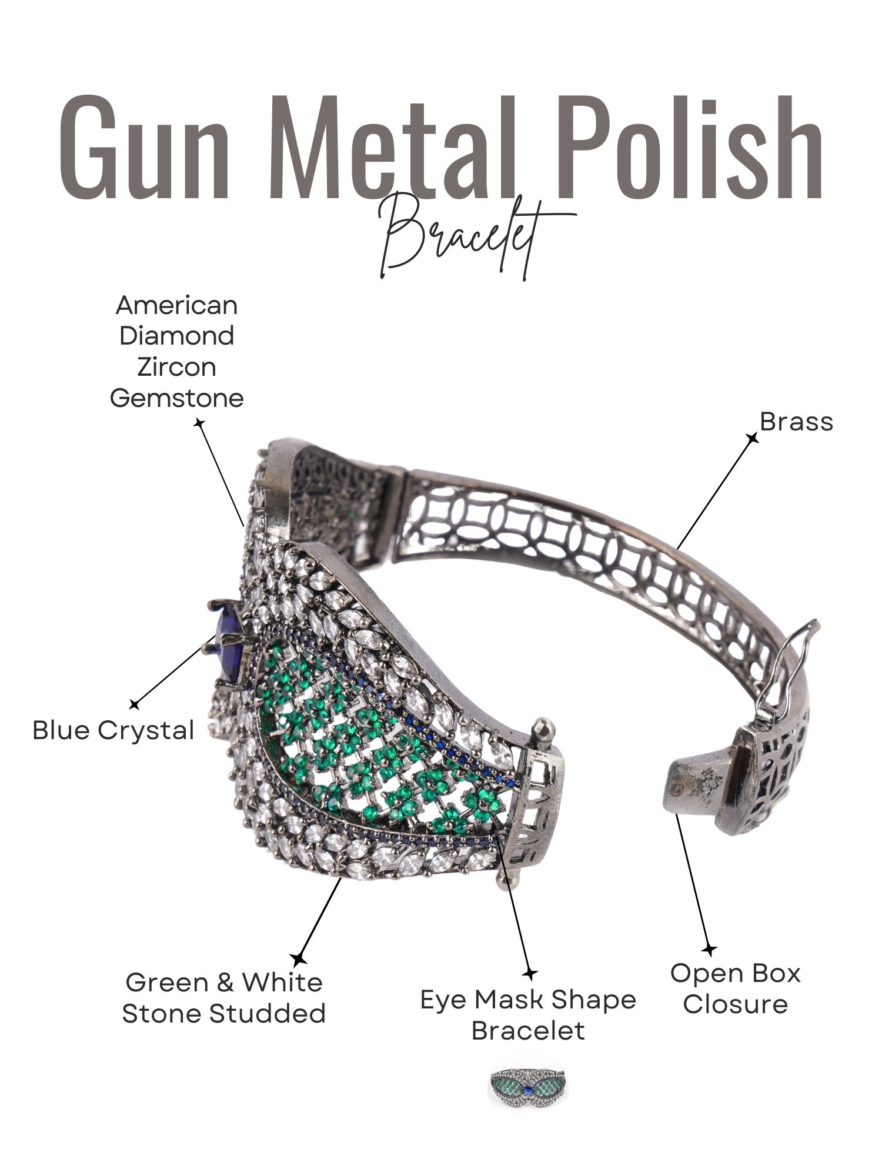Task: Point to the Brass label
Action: tap(797, 422)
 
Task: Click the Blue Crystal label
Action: tap(113, 730)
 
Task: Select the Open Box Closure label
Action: tap(736, 988)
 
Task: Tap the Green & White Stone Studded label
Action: tap(223, 998)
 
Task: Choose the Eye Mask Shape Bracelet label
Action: tap(528, 1015)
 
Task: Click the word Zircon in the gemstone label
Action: tap(176, 367)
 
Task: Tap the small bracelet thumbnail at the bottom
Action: tap(528, 1087)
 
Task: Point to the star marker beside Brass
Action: tap(752, 437)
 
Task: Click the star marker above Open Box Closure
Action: tap(710, 950)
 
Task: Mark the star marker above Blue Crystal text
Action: tap(135, 704)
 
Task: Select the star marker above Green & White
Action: tap(300, 959)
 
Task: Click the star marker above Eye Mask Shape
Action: tap(530, 974)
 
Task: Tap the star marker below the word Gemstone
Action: tap(199, 423)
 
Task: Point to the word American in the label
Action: tap(176, 305)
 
